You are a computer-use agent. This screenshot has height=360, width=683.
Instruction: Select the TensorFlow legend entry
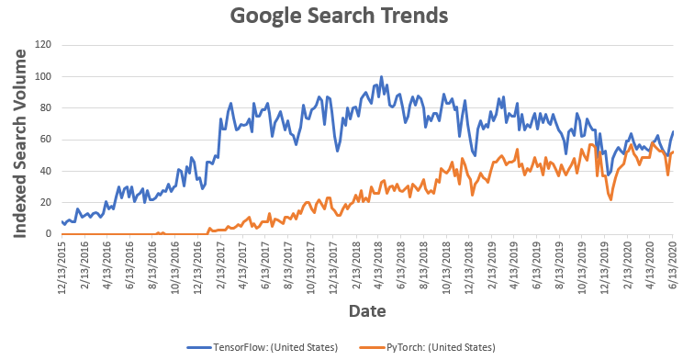(x=262, y=347)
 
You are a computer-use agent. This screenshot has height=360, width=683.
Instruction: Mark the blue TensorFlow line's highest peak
(x=381, y=77)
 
